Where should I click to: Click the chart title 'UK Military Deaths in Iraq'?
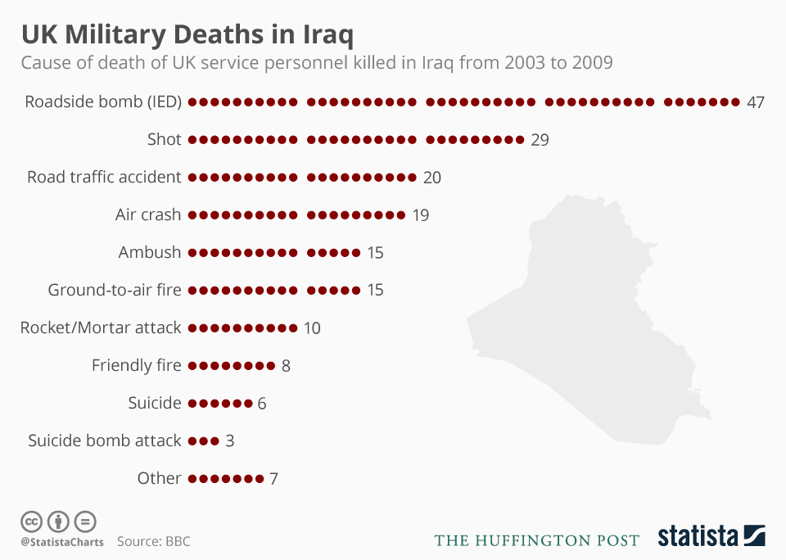[187, 35]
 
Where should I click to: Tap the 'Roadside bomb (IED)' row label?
[103, 102]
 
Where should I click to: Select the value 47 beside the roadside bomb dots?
[755, 102]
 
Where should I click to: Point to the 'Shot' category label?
[165, 140]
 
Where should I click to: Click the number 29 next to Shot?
[540, 140]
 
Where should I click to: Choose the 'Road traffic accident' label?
[104, 178]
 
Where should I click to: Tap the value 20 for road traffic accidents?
[432, 178]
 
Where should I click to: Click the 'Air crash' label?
[148, 215]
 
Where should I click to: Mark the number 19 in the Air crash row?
[420, 215]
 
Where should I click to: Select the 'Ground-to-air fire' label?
[115, 290]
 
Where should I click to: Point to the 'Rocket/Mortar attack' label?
[101, 327]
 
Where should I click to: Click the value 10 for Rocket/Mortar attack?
[312, 328]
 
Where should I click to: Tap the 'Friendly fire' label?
[137, 365]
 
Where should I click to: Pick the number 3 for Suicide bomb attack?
[230, 440]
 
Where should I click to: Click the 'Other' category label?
[160, 478]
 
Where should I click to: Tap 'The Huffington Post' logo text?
[536, 540]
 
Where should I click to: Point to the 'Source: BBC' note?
[153, 541]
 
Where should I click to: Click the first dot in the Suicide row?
[193, 404]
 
